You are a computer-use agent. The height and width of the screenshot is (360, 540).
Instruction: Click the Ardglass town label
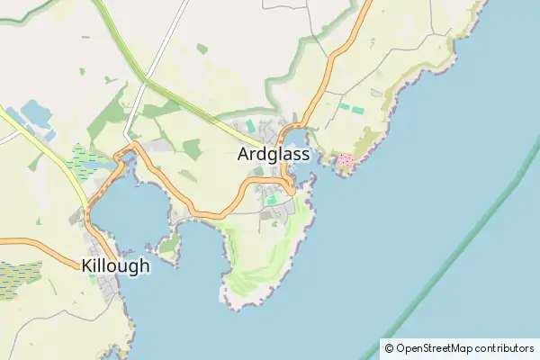click(x=274, y=155)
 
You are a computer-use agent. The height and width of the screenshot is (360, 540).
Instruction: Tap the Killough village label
click(x=115, y=266)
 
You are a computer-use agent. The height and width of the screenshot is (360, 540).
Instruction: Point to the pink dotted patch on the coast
click(x=344, y=162)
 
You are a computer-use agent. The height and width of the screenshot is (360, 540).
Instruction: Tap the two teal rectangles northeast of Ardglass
click(x=351, y=108)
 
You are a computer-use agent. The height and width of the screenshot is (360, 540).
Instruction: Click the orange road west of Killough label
click(x=36, y=243)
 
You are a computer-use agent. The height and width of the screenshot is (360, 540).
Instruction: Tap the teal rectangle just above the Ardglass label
click(x=249, y=126)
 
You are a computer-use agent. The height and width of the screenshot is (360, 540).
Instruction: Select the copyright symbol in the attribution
click(x=389, y=348)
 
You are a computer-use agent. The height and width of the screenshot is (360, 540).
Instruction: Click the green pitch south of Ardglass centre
click(x=270, y=200)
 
